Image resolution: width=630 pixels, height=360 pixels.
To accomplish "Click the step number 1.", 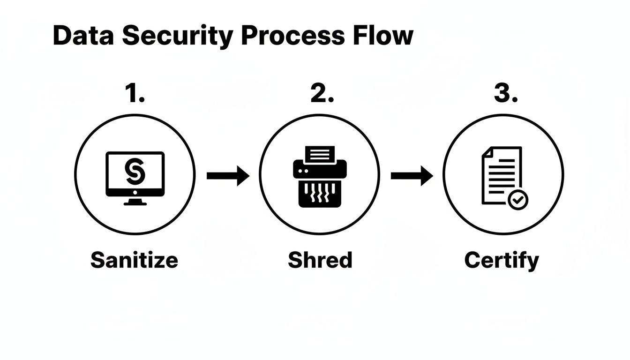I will [x=134, y=94].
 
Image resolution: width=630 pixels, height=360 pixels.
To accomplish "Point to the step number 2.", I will [x=322, y=94].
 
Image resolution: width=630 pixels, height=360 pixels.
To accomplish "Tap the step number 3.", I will [x=505, y=94].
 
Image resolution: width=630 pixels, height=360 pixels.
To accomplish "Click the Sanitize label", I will [x=134, y=260].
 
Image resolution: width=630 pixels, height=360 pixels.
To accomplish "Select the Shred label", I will [x=320, y=260].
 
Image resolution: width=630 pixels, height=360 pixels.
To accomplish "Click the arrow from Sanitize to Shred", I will [x=228, y=176].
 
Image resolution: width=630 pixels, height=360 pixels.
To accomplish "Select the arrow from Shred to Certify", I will [x=412, y=176].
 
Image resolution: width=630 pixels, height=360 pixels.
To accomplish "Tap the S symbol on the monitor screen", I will [x=135, y=172].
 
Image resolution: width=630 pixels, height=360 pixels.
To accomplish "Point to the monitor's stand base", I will [x=135, y=202].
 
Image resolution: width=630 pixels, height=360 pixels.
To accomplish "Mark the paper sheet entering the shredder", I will [x=320, y=153].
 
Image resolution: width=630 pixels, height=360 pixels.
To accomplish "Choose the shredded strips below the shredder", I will [x=320, y=193].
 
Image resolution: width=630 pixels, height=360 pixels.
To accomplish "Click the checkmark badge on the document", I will [x=517, y=200].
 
